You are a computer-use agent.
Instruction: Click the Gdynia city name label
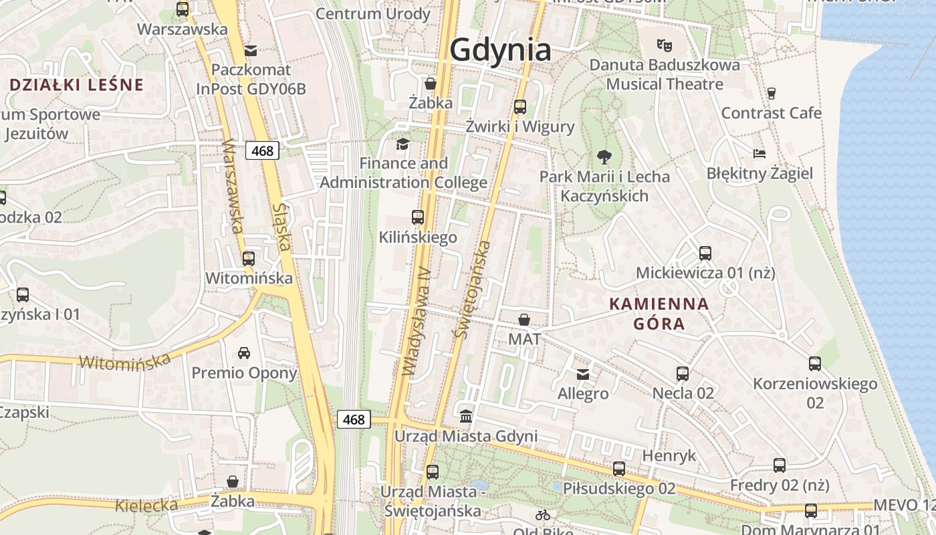click(501, 50)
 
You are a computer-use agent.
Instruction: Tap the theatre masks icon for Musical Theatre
click(664, 45)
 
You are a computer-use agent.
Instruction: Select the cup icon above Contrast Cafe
click(772, 93)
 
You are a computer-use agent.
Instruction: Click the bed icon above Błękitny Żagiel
click(759, 154)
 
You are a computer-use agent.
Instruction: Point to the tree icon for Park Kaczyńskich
click(604, 157)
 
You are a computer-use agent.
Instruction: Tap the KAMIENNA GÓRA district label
click(659, 314)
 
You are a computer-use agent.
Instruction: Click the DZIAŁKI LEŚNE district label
click(76, 85)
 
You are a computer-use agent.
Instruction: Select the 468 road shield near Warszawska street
click(262, 150)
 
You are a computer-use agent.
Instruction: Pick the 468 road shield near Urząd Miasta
click(353, 419)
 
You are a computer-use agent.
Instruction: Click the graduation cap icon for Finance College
click(402, 143)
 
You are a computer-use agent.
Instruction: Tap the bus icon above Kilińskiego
click(418, 217)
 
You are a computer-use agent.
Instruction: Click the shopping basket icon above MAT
click(524, 320)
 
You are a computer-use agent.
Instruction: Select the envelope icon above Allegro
click(583, 374)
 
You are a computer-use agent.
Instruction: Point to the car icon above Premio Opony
click(244, 352)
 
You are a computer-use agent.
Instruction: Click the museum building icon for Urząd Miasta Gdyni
click(466, 416)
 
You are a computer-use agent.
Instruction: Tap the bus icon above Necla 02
click(683, 373)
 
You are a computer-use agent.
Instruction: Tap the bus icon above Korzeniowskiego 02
click(814, 363)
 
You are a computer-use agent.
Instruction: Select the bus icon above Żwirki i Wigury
click(520, 106)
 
